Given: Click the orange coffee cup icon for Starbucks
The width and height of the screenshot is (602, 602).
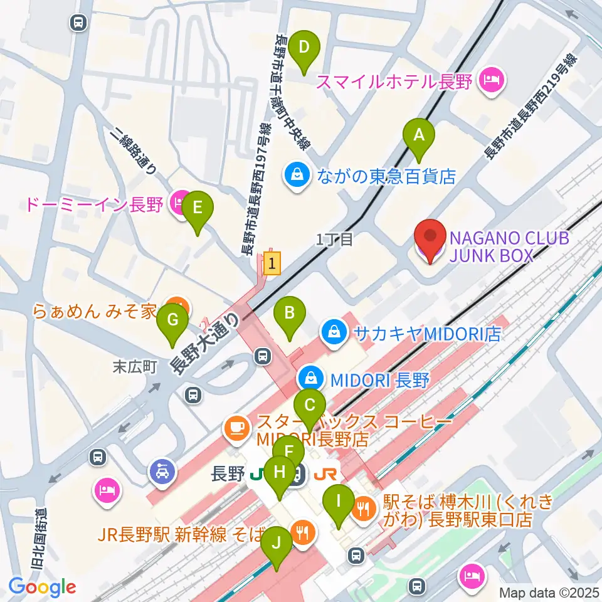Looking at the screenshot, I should [x=236, y=428].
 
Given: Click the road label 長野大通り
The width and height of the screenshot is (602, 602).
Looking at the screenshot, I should [x=205, y=345].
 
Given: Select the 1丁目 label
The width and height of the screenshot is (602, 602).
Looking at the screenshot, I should [x=335, y=238].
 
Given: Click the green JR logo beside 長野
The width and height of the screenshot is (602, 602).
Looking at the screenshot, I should [x=256, y=475].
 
